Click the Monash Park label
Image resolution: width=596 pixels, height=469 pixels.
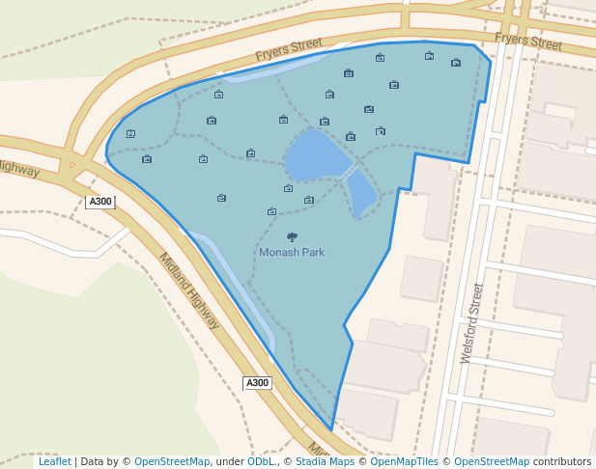coord(292,252)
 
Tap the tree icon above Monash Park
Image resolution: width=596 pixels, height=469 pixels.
coord(292,236)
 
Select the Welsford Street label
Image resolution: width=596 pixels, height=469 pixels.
coord(471,322)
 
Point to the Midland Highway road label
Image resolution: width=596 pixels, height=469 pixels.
coord(189,290)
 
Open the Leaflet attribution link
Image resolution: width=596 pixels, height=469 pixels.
coord(55,461)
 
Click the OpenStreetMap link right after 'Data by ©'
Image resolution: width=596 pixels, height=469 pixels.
coord(172,461)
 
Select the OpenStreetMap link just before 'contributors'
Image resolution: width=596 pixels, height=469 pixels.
coord(492,461)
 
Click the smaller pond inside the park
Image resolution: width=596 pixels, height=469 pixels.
coord(361,192)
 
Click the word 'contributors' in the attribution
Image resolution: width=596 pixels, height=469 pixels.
coord(562,461)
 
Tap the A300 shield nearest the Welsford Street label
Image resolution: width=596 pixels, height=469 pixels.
coord(257,383)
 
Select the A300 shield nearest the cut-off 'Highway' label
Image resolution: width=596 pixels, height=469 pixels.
coord(99,202)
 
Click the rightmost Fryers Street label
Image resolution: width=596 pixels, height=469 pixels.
coord(528,41)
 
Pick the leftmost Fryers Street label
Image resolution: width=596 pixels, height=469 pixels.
coord(289,49)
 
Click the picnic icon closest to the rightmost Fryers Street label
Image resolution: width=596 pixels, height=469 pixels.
coord(456,63)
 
